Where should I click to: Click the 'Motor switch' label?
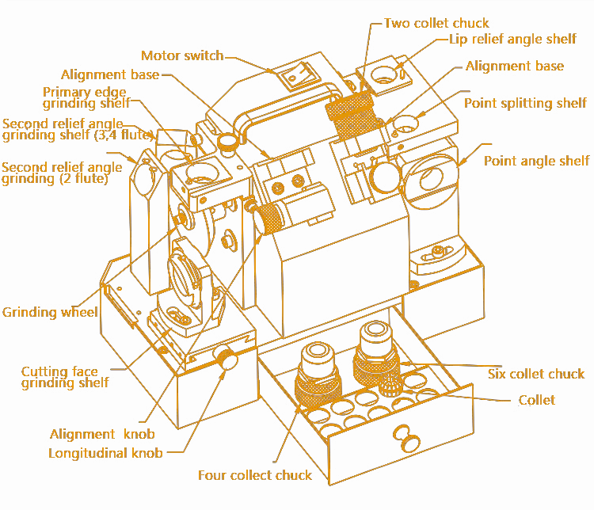pos(181,55)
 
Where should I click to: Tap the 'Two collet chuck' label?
pos(436,23)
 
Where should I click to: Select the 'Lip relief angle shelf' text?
pos(512,39)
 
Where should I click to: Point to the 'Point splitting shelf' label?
pos(525,103)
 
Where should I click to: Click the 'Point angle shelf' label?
pos(536,161)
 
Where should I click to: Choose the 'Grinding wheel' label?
pos(50,312)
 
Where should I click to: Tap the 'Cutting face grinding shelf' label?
pos(60,377)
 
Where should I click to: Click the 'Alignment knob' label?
pos(102,434)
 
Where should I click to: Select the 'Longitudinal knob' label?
pos(105,454)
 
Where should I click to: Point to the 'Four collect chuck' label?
pos(254,475)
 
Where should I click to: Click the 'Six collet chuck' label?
pos(536,374)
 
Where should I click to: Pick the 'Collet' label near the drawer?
pos(537,400)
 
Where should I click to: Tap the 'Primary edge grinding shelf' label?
pos(85,97)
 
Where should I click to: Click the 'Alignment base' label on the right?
pos(515,66)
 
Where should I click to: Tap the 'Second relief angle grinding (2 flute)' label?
pos(62,173)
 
